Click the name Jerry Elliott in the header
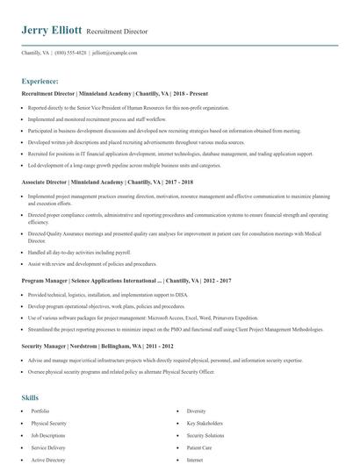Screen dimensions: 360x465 52,31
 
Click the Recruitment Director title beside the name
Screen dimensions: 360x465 118,32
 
